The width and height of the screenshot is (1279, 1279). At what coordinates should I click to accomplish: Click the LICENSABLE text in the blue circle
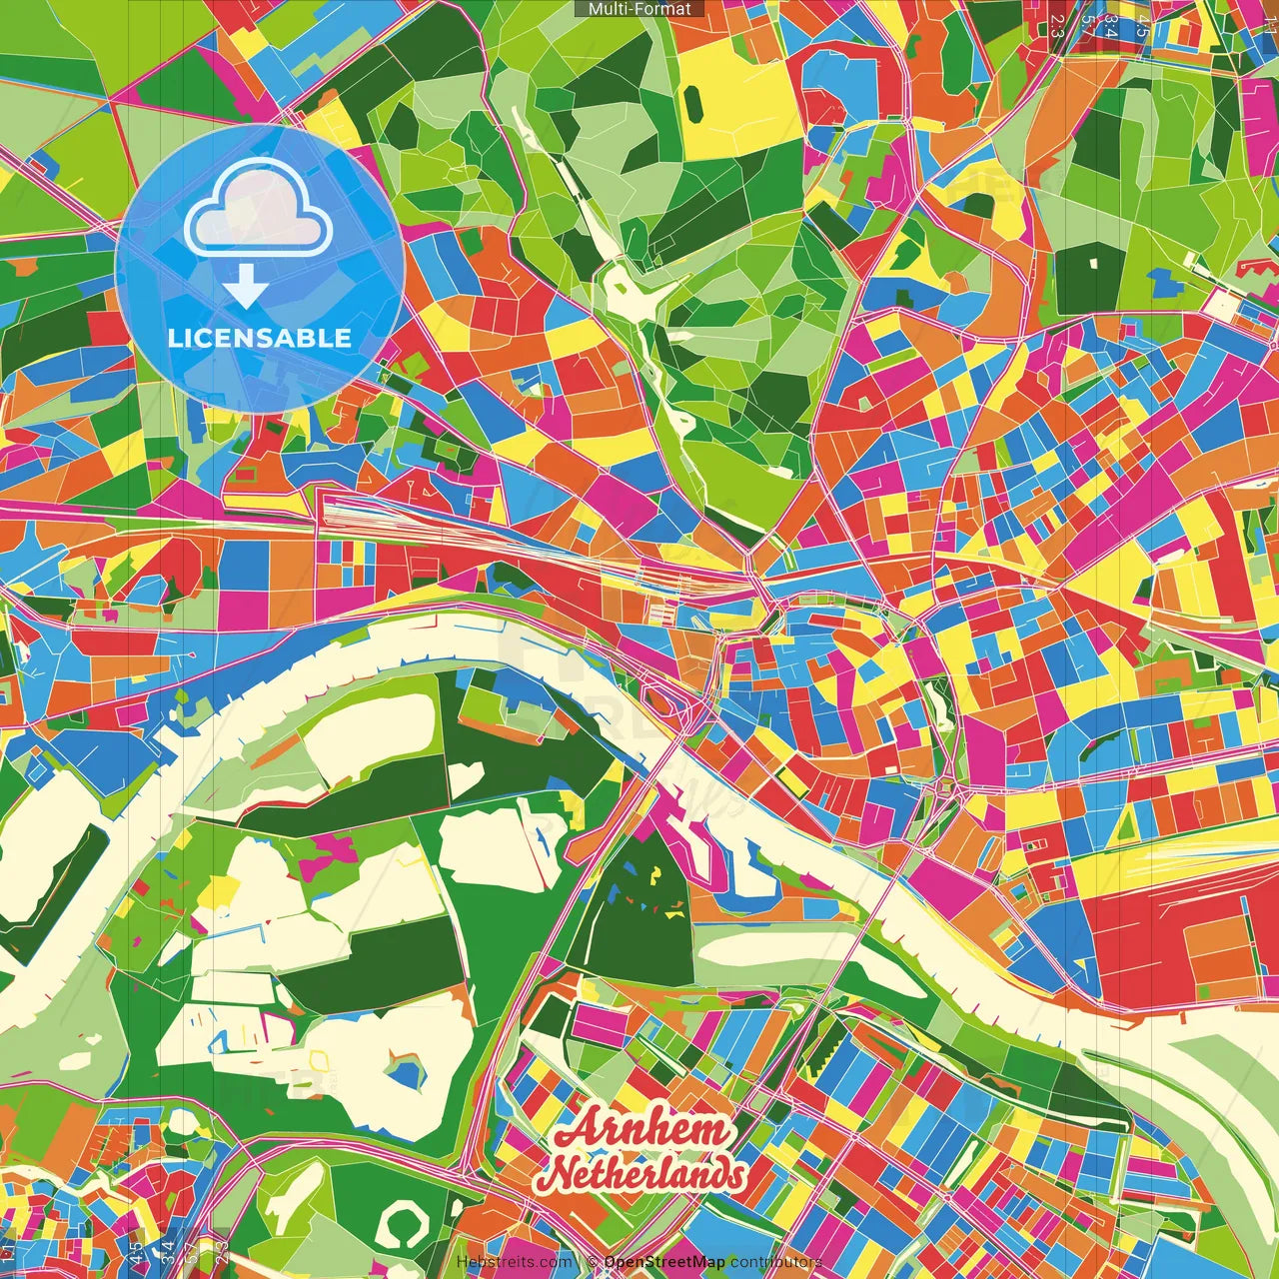click(x=260, y=338)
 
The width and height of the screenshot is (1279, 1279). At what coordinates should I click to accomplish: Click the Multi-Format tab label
click(x=639, y=9)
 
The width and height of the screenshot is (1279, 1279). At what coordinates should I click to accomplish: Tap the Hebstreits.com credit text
click(x=515, y=1262)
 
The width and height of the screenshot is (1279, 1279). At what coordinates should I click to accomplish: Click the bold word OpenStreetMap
click(x=663, y=1262)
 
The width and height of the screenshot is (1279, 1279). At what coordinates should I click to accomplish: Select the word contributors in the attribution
click(x=776, y=1262)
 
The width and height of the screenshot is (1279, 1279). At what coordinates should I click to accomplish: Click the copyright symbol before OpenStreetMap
click(x=593, y=1262)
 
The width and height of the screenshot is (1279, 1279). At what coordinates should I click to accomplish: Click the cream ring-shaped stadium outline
click(x=403, y=1224)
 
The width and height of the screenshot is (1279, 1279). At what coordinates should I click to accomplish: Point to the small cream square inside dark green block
click(x=1093, y=263)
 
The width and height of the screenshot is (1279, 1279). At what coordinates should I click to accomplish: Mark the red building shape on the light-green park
click(x=1256, y=267)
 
